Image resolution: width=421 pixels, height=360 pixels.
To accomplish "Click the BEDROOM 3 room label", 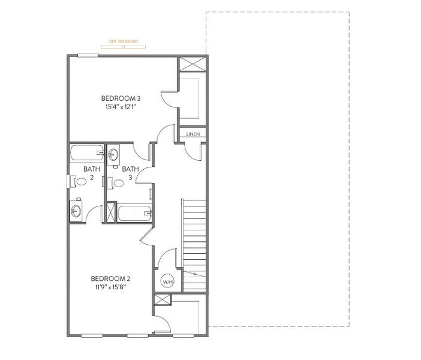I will click(121, 98).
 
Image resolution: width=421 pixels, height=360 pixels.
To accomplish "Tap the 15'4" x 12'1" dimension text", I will click(121, 107).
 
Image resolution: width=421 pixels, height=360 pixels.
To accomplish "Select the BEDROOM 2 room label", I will click(110, 278).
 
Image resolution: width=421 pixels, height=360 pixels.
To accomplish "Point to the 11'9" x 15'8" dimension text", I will click(110, 287).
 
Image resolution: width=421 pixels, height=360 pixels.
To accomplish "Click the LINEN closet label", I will click(193, 134).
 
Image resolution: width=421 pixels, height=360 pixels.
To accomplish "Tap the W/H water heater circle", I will click(167, 280).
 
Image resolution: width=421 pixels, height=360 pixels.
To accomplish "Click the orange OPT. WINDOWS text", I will click(123, 41).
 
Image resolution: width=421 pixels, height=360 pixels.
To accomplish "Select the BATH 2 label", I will click(92, 173).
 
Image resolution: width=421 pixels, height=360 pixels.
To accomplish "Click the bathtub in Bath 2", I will click(87, 153).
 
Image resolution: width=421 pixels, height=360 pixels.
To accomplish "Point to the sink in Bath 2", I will click(76, 211).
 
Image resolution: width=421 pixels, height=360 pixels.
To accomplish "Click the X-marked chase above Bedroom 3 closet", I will click(193, 65).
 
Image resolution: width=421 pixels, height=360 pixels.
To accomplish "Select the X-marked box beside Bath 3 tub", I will click(111, 213).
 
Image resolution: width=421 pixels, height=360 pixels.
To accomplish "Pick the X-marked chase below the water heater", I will click(162, 300).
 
